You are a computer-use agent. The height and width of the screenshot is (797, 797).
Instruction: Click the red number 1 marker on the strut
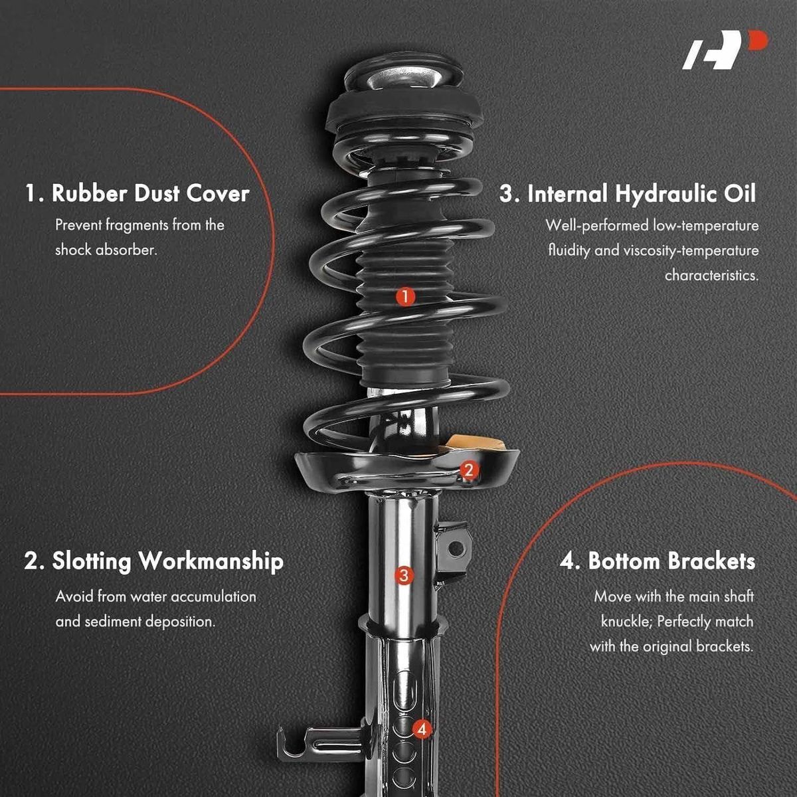[405, 296]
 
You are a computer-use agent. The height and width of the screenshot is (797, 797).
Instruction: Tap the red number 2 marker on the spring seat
[469, 470]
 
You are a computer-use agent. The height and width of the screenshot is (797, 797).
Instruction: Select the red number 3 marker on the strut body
[404, 575]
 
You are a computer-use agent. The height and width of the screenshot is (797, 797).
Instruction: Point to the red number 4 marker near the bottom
[422, 729]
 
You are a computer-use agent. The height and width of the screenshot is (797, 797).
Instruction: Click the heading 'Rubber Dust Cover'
[137, 193]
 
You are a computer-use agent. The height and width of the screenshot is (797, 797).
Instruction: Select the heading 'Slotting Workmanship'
[154, 562]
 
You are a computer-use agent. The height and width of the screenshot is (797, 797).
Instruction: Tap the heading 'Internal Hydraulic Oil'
[628, 193]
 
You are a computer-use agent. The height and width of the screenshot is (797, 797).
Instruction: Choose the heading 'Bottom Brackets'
[658, 561]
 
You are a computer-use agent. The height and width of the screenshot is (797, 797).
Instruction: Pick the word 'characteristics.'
[711, 276]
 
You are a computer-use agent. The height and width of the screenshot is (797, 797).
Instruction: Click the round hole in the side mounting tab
[456, 549]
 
